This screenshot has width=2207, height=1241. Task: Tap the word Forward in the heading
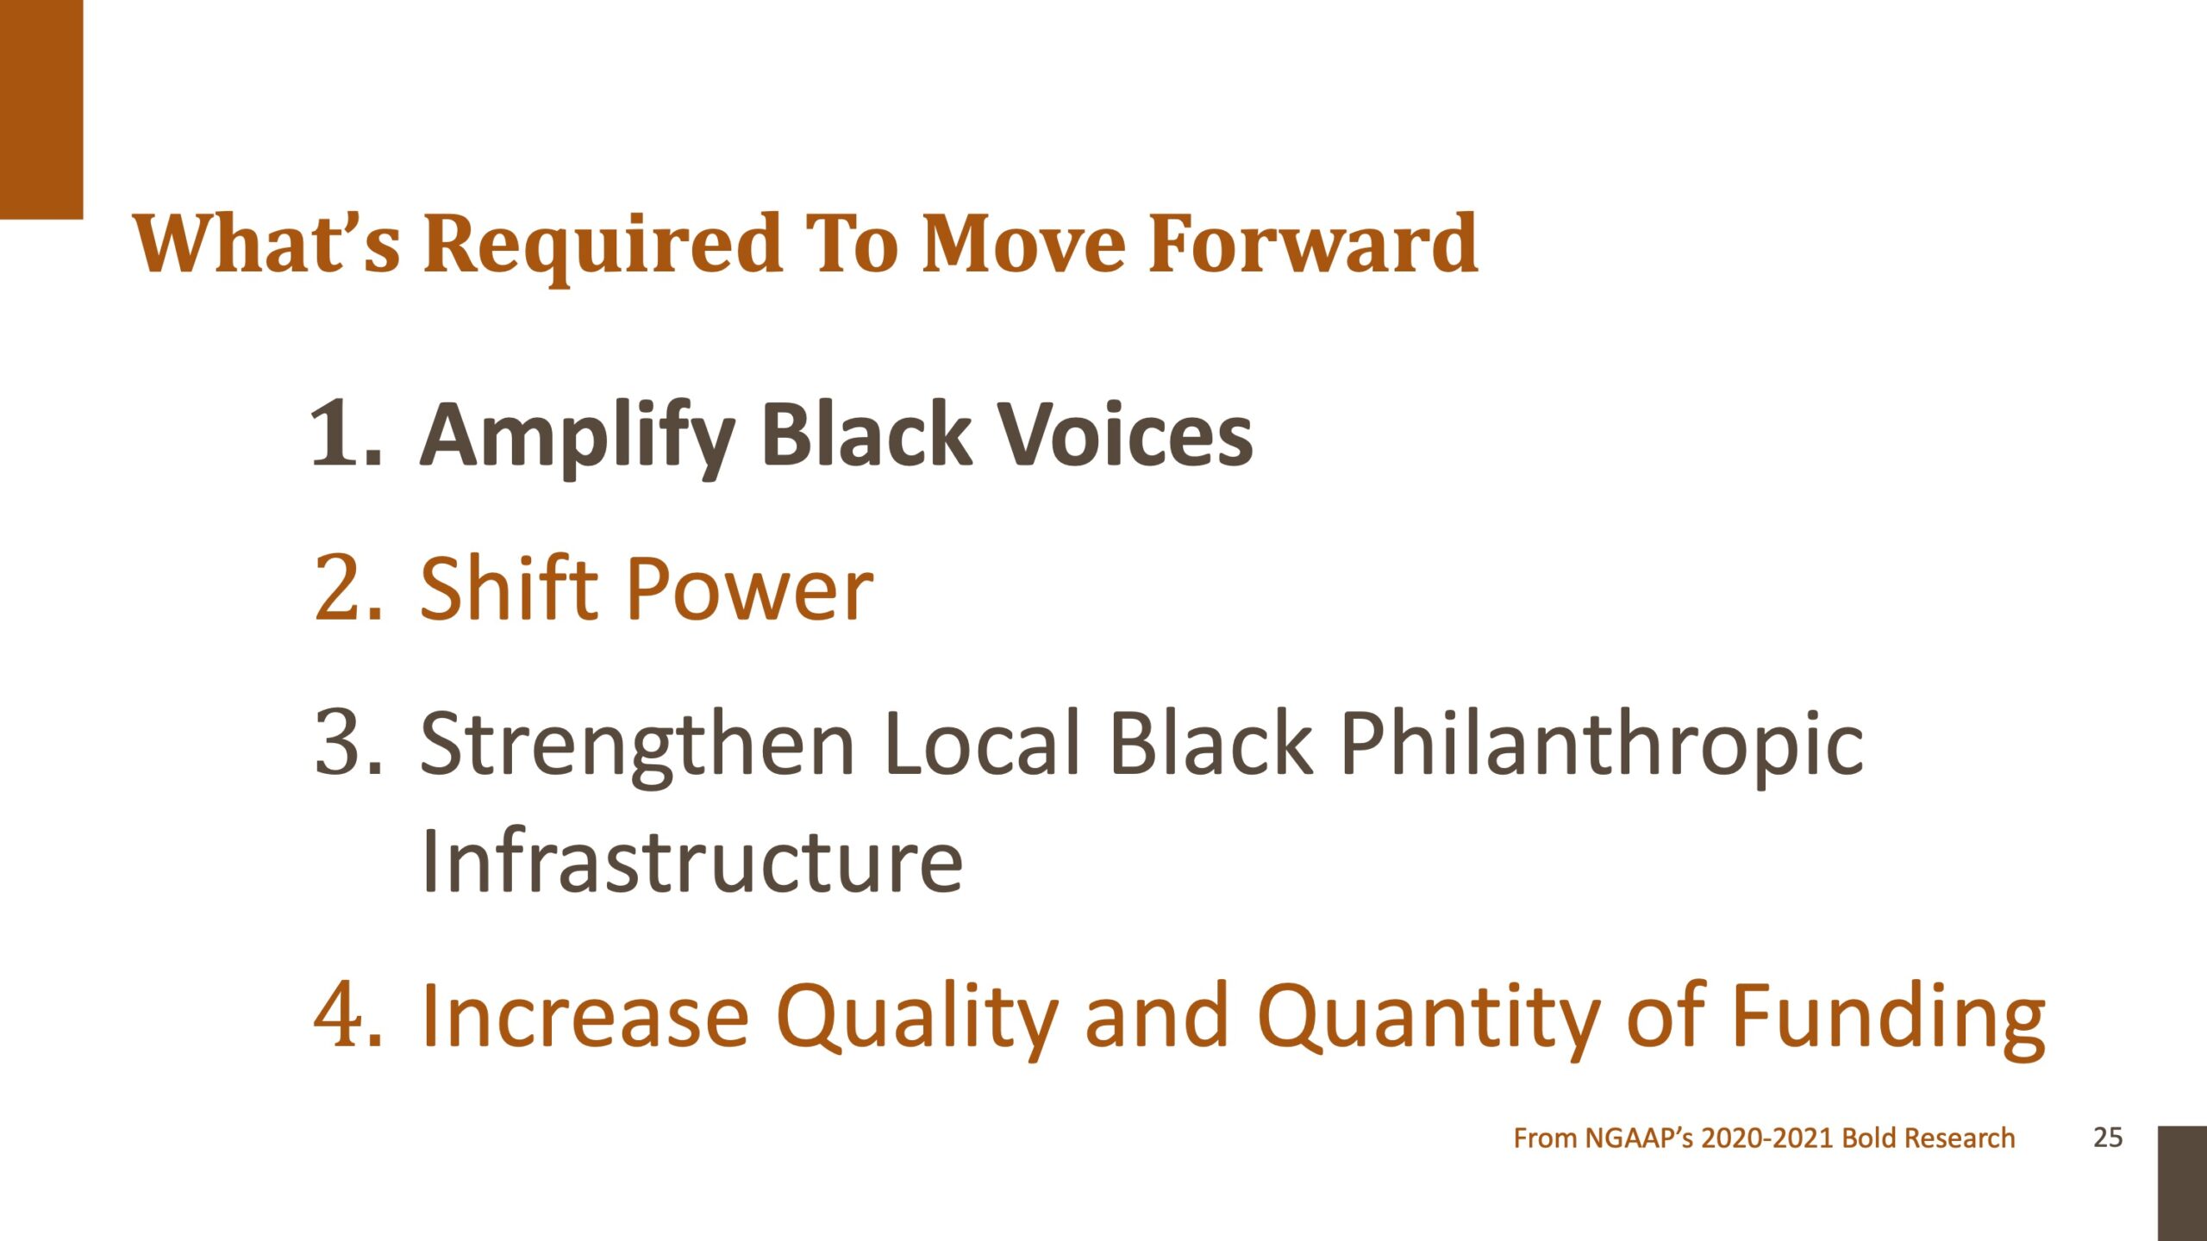point(1314,243)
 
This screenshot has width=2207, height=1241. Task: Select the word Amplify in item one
point(577,439)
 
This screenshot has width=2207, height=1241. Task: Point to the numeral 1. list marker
point(346,434)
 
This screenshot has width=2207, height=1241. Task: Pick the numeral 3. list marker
point(348,742)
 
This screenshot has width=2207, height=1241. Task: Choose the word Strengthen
point(637,746)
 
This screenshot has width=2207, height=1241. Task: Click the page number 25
point(2108,1138)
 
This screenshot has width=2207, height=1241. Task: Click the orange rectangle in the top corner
point(41,109)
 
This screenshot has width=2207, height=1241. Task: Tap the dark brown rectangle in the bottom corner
point(2182,1183)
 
